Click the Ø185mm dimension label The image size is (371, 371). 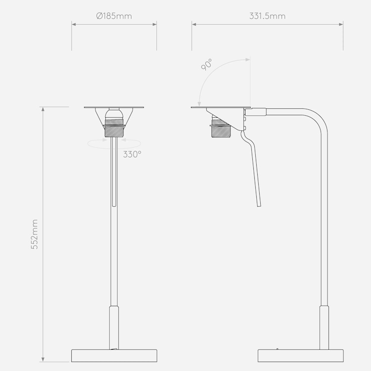[x=114, y=16]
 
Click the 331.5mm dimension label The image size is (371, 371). [x=267, y=16]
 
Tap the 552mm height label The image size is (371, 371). [x=35, y=234]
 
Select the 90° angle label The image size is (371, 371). [x=206, y=65]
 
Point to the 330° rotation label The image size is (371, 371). [x=132, y=154]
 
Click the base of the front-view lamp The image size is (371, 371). [x=114, y=355]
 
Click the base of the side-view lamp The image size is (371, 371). [x=300, y=355]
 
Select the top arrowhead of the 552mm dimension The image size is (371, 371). [x=43, y=109]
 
